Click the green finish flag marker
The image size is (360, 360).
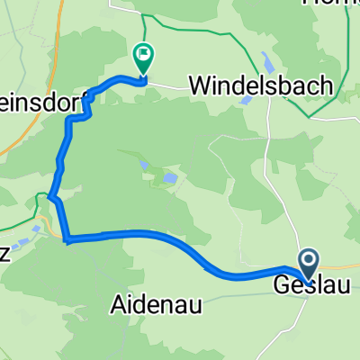coord(143,58)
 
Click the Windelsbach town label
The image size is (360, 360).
coord(261,85)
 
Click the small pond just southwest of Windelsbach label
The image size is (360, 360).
coord(246,101)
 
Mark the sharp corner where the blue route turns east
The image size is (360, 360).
coord(67,238)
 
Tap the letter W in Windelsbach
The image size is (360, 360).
coord(200,85)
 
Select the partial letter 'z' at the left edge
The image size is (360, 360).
coord(4,229)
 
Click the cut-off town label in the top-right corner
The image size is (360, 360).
coord(341,4)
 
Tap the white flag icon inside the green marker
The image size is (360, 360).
coord(144,56)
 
